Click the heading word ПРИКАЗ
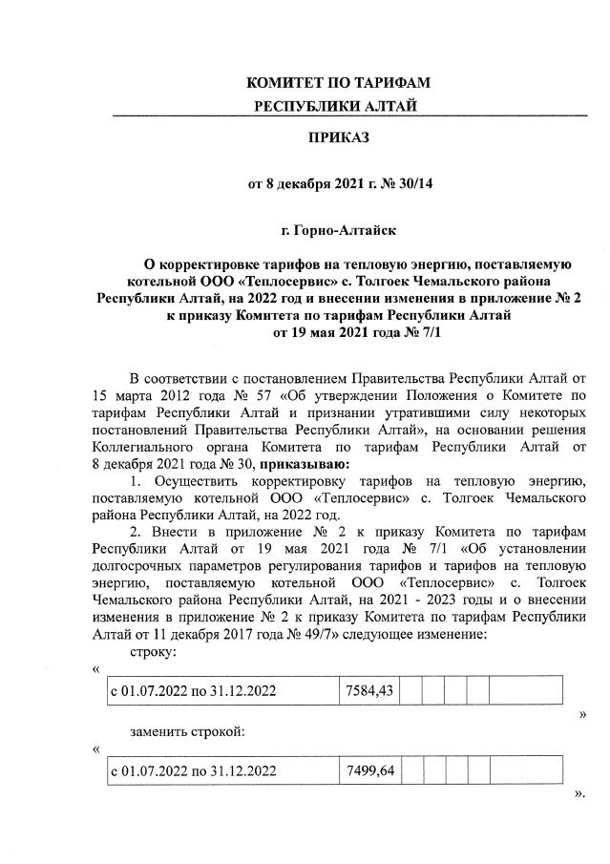point(336,138)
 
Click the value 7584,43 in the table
point(368,689)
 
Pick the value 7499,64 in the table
point(368,769)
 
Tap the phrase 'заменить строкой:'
point(186,731)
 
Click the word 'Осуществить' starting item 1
point(191,481)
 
